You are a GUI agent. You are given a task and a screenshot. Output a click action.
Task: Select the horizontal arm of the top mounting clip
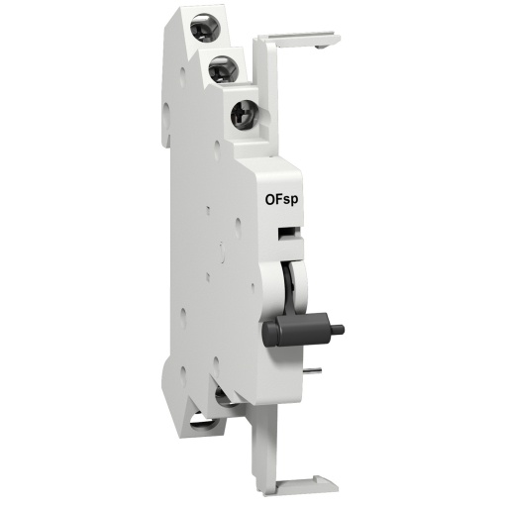tap(297, 39)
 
